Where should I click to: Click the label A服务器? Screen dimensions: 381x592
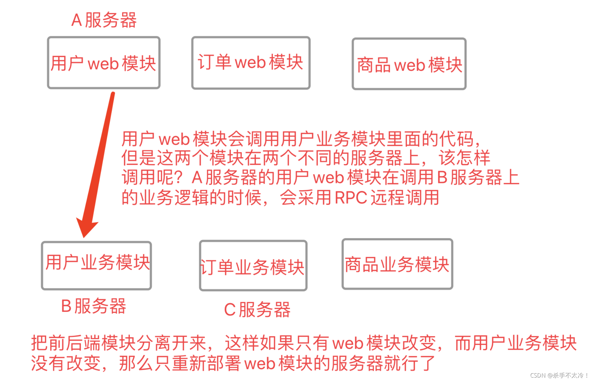pos(104,20)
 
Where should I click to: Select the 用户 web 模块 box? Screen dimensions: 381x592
pos(104,63)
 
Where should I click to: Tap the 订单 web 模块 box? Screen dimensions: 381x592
pos(251,63)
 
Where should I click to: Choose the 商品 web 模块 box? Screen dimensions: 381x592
pos(409,64)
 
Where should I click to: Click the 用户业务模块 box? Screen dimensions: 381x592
pos(97,265)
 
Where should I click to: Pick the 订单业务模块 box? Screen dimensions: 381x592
pos(253,266)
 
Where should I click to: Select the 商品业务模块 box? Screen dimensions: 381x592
pos(397,264)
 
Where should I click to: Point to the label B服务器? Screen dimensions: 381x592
pos(94,306)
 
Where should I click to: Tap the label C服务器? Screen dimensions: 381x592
pos(257,309)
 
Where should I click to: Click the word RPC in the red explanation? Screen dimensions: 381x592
pos(351,197)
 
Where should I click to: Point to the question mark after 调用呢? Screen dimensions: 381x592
pos(179,177)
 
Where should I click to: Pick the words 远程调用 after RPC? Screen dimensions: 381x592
pos(405,197)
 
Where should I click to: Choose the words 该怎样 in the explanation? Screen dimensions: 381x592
pos(464,158)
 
